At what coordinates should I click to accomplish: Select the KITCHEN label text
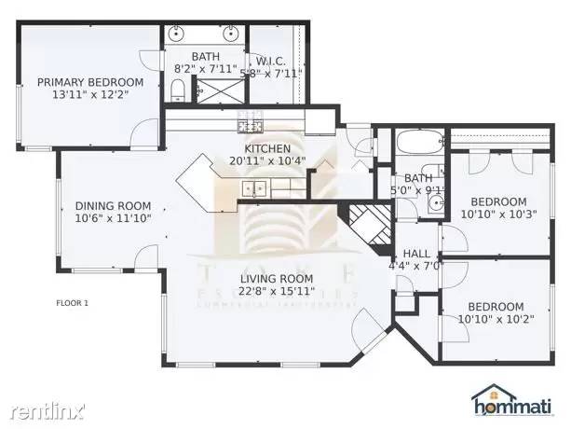click(x=267, y=148)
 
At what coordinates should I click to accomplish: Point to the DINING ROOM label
click(x=113, y=206)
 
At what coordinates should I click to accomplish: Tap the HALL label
click(x=415, y=254)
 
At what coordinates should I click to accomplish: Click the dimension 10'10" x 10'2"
click(x=495, y=319)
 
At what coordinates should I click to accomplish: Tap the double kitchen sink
click(x=253, y=189)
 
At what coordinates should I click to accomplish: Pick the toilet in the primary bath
click(x=178, y=90)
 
